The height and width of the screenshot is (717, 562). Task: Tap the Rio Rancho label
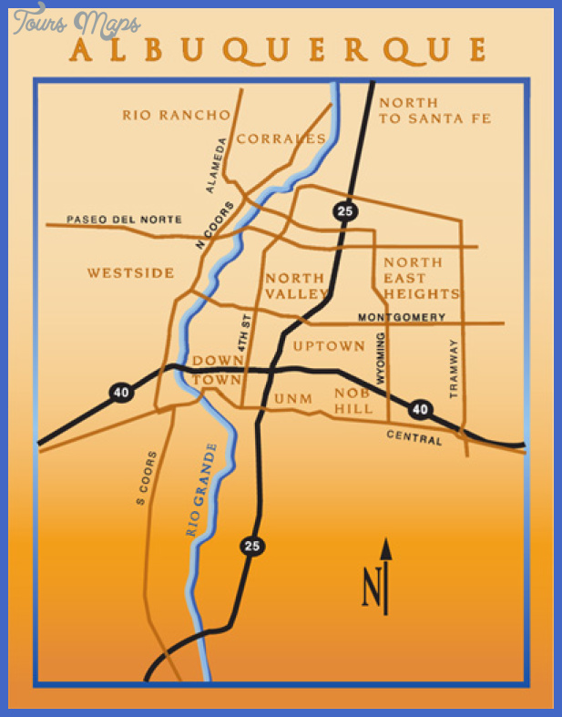(x=177, y=115)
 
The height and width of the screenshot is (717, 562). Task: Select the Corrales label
(x=281, y=138)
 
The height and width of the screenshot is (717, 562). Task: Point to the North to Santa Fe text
(x=434, y=110)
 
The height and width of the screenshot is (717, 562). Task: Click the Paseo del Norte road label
(x=124, y=220)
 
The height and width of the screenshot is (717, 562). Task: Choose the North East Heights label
(x=420, y=278)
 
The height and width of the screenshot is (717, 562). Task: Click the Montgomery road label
(x=402, y=317)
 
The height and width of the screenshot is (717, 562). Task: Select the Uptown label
(x=329, y=346)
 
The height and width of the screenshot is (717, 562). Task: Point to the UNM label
(x=293, y=398)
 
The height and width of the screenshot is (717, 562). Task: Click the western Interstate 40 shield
(x=120, y=392)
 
